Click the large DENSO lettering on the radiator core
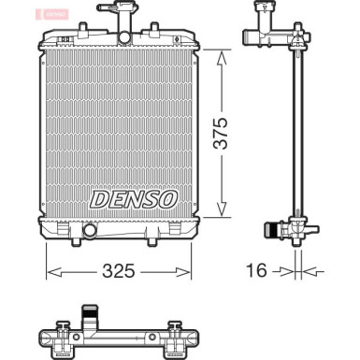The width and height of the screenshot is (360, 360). click(134, 197)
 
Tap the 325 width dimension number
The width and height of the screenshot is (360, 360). click(119, 271)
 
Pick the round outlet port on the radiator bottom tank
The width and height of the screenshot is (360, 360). click(91, 231)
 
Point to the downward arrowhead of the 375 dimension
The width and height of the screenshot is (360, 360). click(221, 212)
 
